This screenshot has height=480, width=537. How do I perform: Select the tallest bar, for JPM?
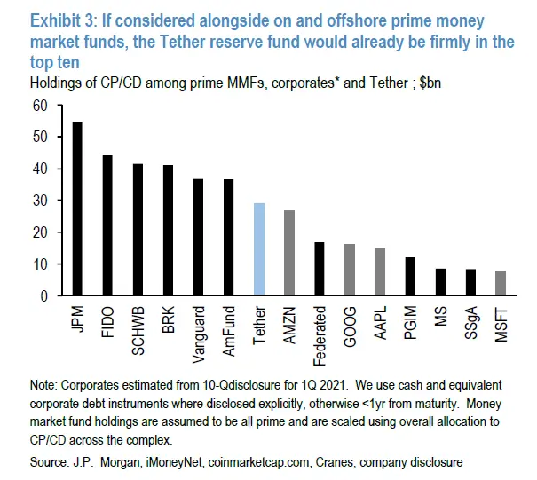click(x=77, y=209)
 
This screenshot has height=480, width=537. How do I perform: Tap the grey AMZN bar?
click(x=288, y=253)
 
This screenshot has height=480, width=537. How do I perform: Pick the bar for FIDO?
click(x=107, y=225)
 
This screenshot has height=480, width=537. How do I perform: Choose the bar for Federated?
click(x=319, y=269)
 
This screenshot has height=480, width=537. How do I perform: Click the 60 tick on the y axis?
click(x=39, y=106)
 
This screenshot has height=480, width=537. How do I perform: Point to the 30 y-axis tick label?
click(x=39, y=201)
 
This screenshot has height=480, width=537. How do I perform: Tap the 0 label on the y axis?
click(x=43, y=295)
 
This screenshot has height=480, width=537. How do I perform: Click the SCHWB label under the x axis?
click(x=138, y=332)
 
